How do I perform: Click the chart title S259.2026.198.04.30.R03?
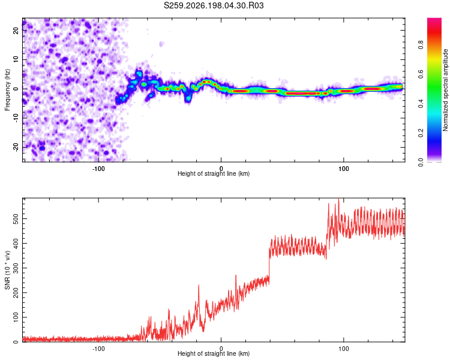pyautogui.click(x=214, y=5)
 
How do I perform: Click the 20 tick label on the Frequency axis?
pyautogui.click(x=16, y=31)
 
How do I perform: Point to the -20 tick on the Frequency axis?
pyautogui.click(x=16, y=148)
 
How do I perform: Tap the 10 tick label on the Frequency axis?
pyautogui.click(x=16, y=59)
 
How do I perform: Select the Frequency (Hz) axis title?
pyautogui.click(x=7, y=89)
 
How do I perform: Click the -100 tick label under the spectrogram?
pyautogui.click(x=98, y=169)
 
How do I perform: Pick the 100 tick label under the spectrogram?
pyautogui.click(x=344, y=169)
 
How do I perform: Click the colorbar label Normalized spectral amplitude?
pyautogui.click(x=445, y=90)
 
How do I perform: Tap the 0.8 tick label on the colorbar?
pyautogui.click(x=421, y=45)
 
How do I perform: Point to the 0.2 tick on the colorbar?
pyautogui.click(x=421, y=133)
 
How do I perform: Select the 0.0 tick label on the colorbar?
pyautogui.click(x=421, y=162)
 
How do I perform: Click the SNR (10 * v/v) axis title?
pyautogui.click(x=7, y=270)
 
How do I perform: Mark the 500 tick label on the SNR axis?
pyautogui.click(x=16, y=219)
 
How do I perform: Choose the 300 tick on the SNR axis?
pyautogui.click(x=16, y=268)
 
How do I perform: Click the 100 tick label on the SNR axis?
pyautogui.click(x=16, y=317)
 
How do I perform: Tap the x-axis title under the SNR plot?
pyautogui.click(x=214, y=353)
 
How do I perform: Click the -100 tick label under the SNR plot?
pyautogui.click(x=98, y=349)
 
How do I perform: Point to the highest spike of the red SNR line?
pyautogui.click(x=339, y=199)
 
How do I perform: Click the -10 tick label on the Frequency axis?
pyautogui.click(x=16, y=118)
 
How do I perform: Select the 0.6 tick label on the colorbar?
pyautogui.click(x=421, y=74)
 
